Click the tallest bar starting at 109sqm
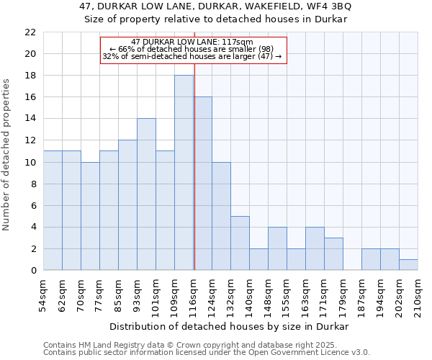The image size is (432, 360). [184, 173]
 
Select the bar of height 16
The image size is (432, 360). [203, 184]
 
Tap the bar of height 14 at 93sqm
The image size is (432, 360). [146, 194]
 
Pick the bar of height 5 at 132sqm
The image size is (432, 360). [240, 243]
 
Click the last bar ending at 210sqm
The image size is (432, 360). [408, 265]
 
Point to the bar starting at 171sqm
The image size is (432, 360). [333, 254]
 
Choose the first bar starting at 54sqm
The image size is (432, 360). [53, 210]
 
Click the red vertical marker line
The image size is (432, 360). [194, 180]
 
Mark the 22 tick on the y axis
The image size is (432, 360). [30, 32]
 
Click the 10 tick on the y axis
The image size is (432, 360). [30, 162]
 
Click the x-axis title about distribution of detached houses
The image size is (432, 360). [230, 326]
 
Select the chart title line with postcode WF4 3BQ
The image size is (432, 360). [216, 6]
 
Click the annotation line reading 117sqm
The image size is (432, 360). [193, 42]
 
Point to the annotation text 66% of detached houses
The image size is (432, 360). [193, 49]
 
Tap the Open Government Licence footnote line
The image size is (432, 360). [207, 353]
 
